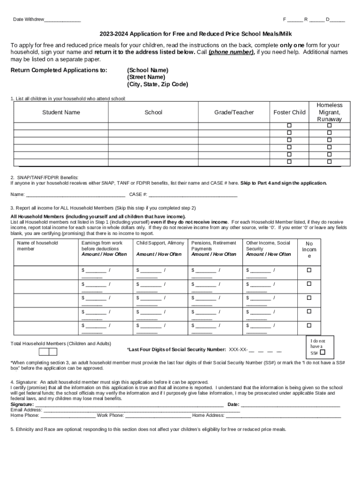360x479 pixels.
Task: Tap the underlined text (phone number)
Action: point(231,52)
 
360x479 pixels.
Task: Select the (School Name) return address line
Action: point(147,70)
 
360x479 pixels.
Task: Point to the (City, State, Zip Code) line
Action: point(157,85)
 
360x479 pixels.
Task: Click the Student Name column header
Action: point(61,112)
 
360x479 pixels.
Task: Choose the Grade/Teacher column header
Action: point(234,112)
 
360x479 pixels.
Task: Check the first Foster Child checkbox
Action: point(289,126)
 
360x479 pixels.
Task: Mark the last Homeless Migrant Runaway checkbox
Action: point(329,161)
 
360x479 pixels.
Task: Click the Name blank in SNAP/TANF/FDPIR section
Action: point(75,195)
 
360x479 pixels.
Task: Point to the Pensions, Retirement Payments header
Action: point(214,248)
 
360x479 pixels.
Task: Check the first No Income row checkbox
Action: point(309,270)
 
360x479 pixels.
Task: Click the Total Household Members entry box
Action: point(48,352)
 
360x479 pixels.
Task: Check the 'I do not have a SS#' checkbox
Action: point(323,353)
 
